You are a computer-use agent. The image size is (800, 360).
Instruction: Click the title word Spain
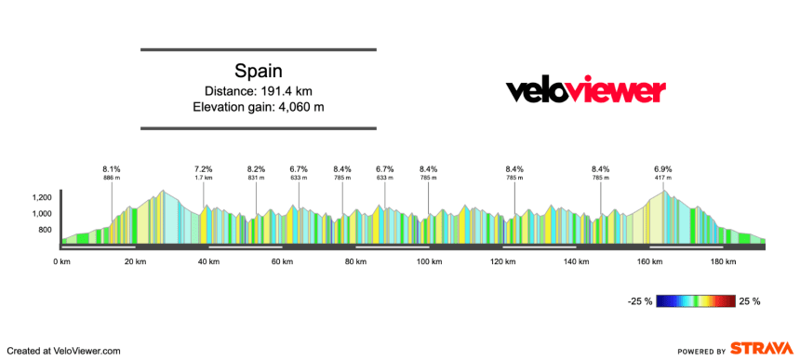tap(258, 71)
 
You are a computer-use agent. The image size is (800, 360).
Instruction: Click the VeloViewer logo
tap(585, 90)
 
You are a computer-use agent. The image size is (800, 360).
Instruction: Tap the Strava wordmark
tap(760, 349)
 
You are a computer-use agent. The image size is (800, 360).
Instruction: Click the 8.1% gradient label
tap(112, 169)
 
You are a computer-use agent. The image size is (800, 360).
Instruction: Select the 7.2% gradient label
tap(204, 169)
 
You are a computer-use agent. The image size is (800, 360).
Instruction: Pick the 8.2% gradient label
tap(256, 169)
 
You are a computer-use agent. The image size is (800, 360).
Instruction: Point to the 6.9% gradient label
tap(663, 169)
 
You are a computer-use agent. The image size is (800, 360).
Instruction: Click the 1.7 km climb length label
tap(204, 178)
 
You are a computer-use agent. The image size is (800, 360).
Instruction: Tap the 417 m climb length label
tap(663, 178)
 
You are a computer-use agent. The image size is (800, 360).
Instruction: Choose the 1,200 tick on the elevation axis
tap(42, 198)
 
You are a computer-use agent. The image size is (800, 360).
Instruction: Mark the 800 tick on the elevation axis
tap(45, 230)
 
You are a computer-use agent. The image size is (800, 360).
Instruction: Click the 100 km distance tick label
tap(429, 262)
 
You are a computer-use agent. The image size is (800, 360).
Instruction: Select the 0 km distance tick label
tap(62, 262)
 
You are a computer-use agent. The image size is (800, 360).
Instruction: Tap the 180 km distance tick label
tap(723, 262)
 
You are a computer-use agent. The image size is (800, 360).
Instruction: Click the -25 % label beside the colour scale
tap(640, 301)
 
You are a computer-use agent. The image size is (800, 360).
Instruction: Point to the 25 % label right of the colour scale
tap(750, 301)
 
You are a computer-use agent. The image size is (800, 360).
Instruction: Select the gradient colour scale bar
tap(695, 301)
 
